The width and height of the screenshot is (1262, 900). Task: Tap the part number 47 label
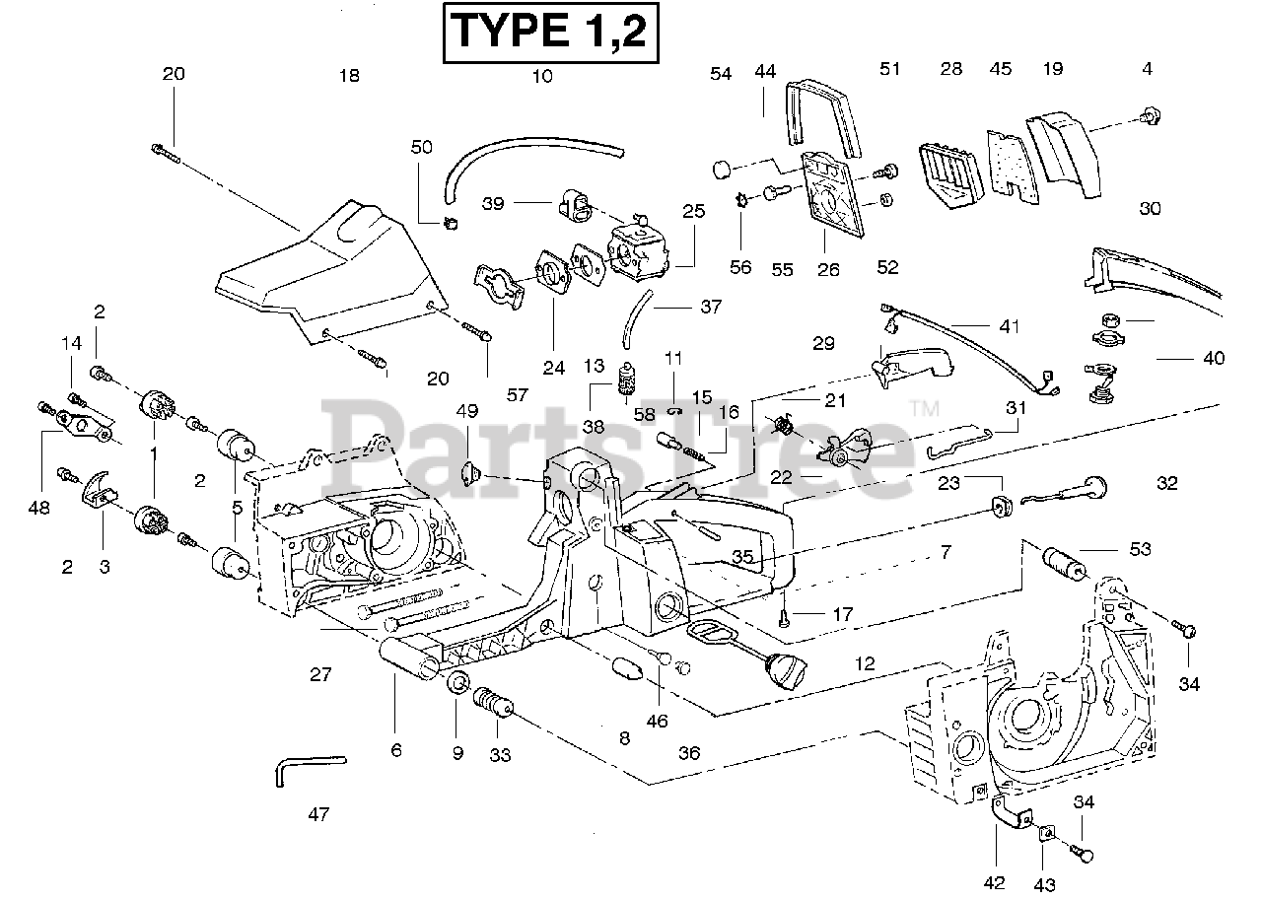tap(318, 814)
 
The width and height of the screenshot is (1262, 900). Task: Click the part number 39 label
tap(494, 203)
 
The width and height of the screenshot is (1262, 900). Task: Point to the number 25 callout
tap(694, 211)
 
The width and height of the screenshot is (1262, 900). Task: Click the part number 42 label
tap(995, 882)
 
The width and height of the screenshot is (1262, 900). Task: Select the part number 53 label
tap(1140, 549)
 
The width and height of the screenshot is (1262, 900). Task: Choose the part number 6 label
tap(396, 750)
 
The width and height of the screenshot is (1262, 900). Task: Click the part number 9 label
tap(457, 753)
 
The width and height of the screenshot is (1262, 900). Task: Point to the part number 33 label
tap(500, 754)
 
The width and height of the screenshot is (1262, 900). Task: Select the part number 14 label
tap(71, 344)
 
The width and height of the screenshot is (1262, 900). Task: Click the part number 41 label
tap(1009, 326)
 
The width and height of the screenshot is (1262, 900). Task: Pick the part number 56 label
tap(739, 267)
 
